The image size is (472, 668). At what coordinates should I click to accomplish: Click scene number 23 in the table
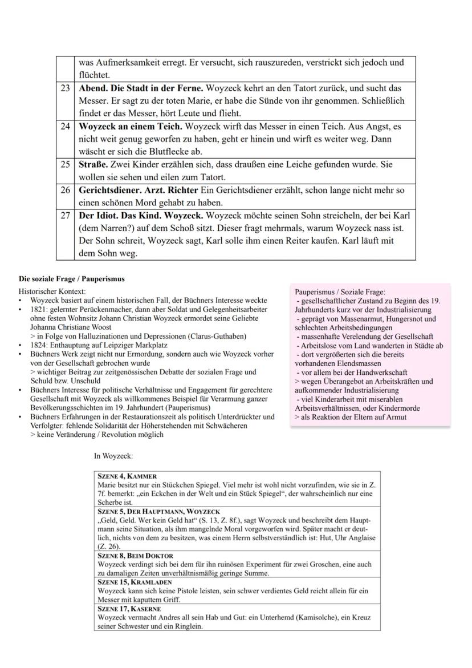(x=66, y=88)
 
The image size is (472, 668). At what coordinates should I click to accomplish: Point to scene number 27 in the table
(x=66, y=216)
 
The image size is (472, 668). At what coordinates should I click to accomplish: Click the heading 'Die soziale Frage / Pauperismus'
(x=71, y=280)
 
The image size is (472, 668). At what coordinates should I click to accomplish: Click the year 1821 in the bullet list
(x=39, y=309)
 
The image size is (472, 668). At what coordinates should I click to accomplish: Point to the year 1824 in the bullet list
(x=39, y=345)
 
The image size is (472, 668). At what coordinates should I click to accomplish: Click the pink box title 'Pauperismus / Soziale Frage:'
(x=340, y=292)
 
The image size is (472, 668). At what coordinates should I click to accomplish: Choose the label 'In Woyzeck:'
(x=113, y=456)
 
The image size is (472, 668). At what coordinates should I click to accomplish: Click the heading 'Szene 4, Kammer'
(x=127, y=476)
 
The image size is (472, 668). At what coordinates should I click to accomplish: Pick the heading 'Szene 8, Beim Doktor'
(x=135, y=555)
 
